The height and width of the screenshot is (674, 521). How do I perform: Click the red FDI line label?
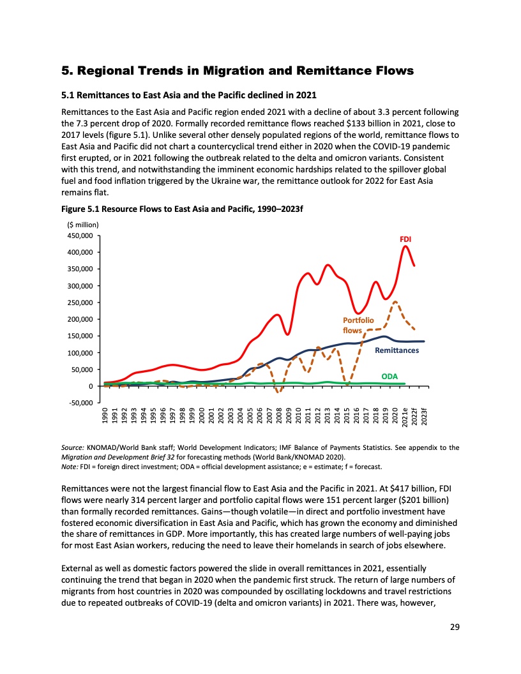(405, 239)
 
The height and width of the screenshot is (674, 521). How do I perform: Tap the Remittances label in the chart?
(396, 350)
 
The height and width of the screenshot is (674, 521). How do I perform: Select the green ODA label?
(389, 377)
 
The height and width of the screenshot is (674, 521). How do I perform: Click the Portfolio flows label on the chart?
(358, 325)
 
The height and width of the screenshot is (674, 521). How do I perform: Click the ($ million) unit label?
(83, 224)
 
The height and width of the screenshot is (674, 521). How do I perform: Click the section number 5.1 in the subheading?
(67, 96)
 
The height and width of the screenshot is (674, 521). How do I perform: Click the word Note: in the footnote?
(69, 467)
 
